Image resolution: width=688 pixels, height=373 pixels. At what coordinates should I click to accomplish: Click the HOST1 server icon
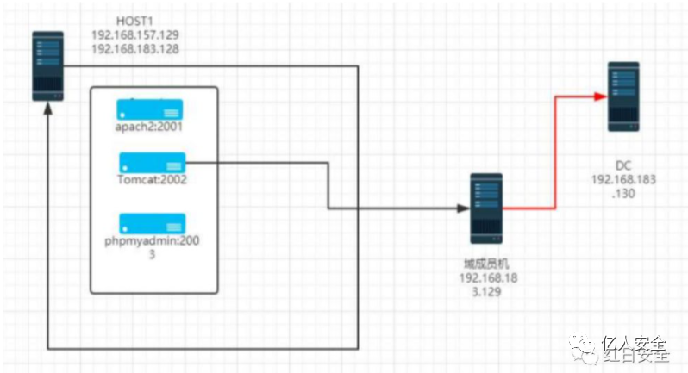click(48, 65)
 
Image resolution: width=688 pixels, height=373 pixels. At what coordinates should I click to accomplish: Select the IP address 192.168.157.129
click(135, 35)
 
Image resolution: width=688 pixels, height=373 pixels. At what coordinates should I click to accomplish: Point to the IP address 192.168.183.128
click(135, 50)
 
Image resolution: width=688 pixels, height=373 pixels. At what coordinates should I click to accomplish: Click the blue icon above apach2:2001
click(151, 110)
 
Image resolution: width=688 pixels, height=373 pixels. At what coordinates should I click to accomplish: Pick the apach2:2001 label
click(151, 126)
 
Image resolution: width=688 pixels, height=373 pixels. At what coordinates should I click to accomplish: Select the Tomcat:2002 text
click(152, 180)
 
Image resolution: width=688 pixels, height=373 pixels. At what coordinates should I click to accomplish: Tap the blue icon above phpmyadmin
click(152, 223)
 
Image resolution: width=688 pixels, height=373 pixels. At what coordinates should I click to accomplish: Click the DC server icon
click(622, 96)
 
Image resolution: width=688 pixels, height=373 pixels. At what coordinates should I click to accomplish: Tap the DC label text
click(623, 164)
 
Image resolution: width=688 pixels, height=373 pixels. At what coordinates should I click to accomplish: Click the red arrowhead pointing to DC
click(601, 96)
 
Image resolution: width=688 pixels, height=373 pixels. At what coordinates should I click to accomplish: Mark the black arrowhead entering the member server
click(463, 208)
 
